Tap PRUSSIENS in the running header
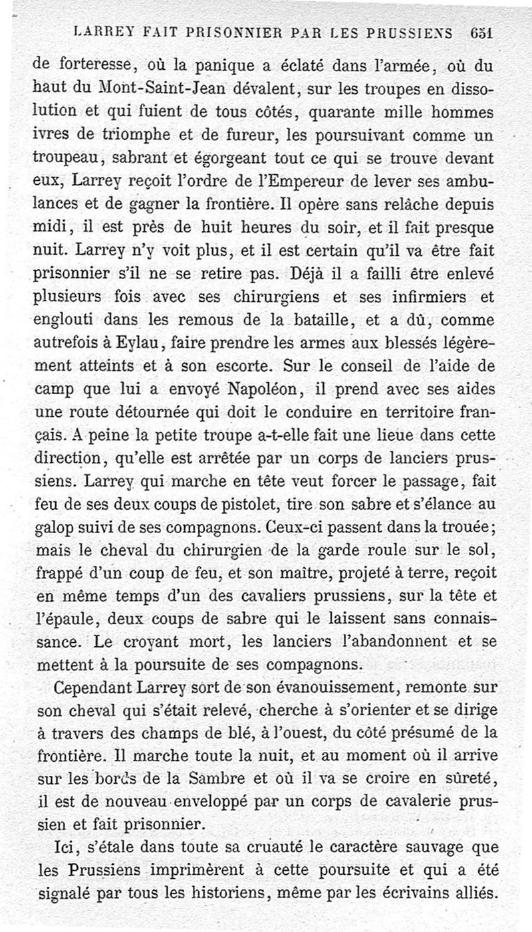[x=414, y=31]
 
